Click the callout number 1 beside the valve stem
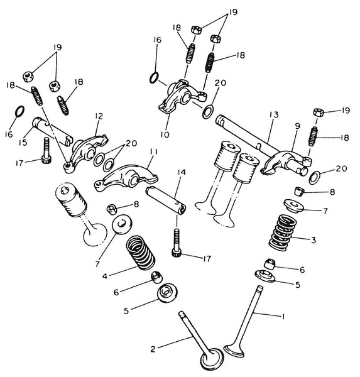coord(283,317)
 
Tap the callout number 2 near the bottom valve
coord(153,349)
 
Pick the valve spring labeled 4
coord(141,253)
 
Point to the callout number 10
coord(165,134)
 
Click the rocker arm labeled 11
coord(126,178)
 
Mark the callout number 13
coord(274,115)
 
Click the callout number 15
coord(23,143)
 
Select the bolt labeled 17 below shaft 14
coord(177,243)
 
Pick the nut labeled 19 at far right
coord(318,112)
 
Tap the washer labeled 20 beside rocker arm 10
coord(208,111)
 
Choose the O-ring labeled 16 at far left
coord(19,111)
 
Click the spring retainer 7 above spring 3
coord(293,206)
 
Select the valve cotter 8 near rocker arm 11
coord(112,209)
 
